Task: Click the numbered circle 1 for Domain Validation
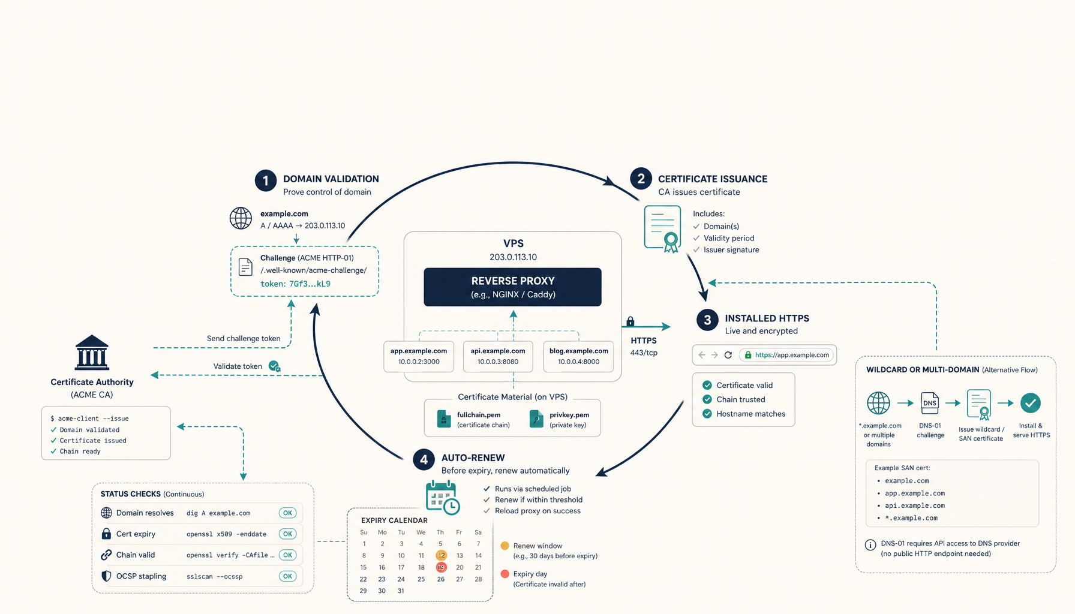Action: [266, 180]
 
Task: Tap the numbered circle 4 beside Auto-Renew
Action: [424, 460]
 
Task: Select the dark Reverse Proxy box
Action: [512, 287]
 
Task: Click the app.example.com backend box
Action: [419, 356]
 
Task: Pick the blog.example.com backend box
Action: [578, 356]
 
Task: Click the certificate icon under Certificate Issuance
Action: [663, 228]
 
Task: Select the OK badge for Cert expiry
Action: [288, 534]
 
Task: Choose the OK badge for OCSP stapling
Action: [288, 576]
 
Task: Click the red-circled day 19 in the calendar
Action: [441, 567]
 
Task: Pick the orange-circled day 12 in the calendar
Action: [441, 555]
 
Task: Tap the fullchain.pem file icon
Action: [444, 419]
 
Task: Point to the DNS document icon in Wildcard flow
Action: [930, 403]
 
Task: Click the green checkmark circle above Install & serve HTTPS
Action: [1031, 403]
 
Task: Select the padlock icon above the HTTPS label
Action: [630, 321]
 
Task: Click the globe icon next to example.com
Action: [241, 218]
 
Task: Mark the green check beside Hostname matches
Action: [707, 414]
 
